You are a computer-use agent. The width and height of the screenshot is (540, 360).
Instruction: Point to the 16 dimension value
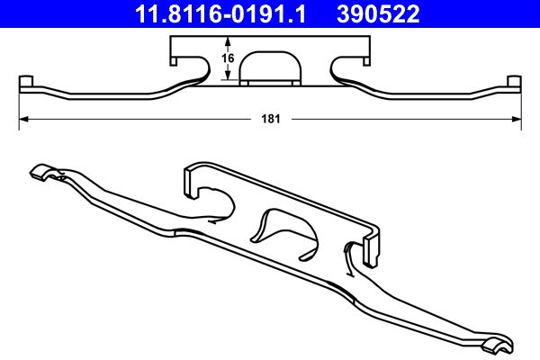click(229, 59)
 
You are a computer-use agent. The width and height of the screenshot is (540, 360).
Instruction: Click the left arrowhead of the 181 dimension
click(24, 119)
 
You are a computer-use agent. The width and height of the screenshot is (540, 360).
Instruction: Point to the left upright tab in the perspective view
click(190, 179)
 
